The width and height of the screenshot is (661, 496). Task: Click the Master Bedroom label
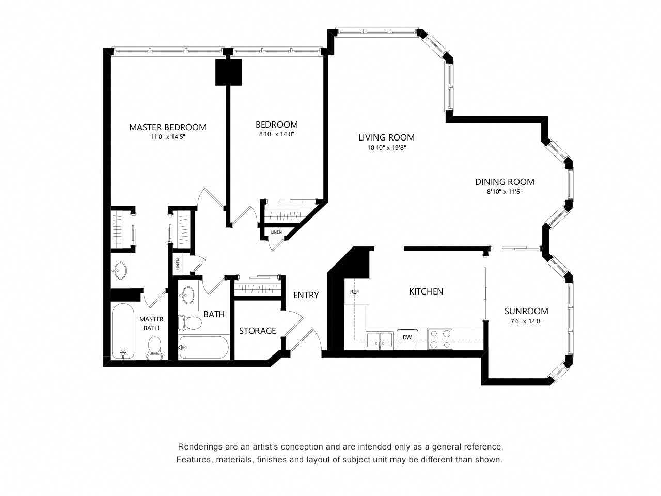(x=168, y=127)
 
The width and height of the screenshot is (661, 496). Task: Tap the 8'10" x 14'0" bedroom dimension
(x=276, y=134)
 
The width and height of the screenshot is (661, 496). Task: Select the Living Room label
(x=386, y=137)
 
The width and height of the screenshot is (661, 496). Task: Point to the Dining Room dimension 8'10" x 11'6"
(x=505, y=192)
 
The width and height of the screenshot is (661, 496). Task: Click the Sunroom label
(x=526, y=311)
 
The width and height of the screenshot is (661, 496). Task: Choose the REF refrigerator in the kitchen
(x=357, y=291)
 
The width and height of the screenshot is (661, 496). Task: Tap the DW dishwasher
(x=407, y=339)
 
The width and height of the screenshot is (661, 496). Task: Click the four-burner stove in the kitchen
(x=440, y=339)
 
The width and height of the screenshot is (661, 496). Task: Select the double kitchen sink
(x=380, y=340)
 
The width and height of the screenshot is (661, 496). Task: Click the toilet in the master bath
(x=154, y=348)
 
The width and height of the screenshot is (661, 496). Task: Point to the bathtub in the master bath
(x=123, y=331)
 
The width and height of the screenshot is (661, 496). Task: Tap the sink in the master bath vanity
(x=120, y=270)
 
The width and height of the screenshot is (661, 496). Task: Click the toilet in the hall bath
(x=190, y=322)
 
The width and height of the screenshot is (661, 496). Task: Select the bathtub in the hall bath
(x=203, y=348)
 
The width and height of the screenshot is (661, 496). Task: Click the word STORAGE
(x=258, y=331)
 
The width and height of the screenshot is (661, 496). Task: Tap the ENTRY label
(x=306, y=295)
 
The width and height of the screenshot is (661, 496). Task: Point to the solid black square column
(x=229, y=72)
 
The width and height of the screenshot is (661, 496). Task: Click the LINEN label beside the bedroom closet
(x=276, y=232)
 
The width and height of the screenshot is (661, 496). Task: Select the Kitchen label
(x=426, y=291)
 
